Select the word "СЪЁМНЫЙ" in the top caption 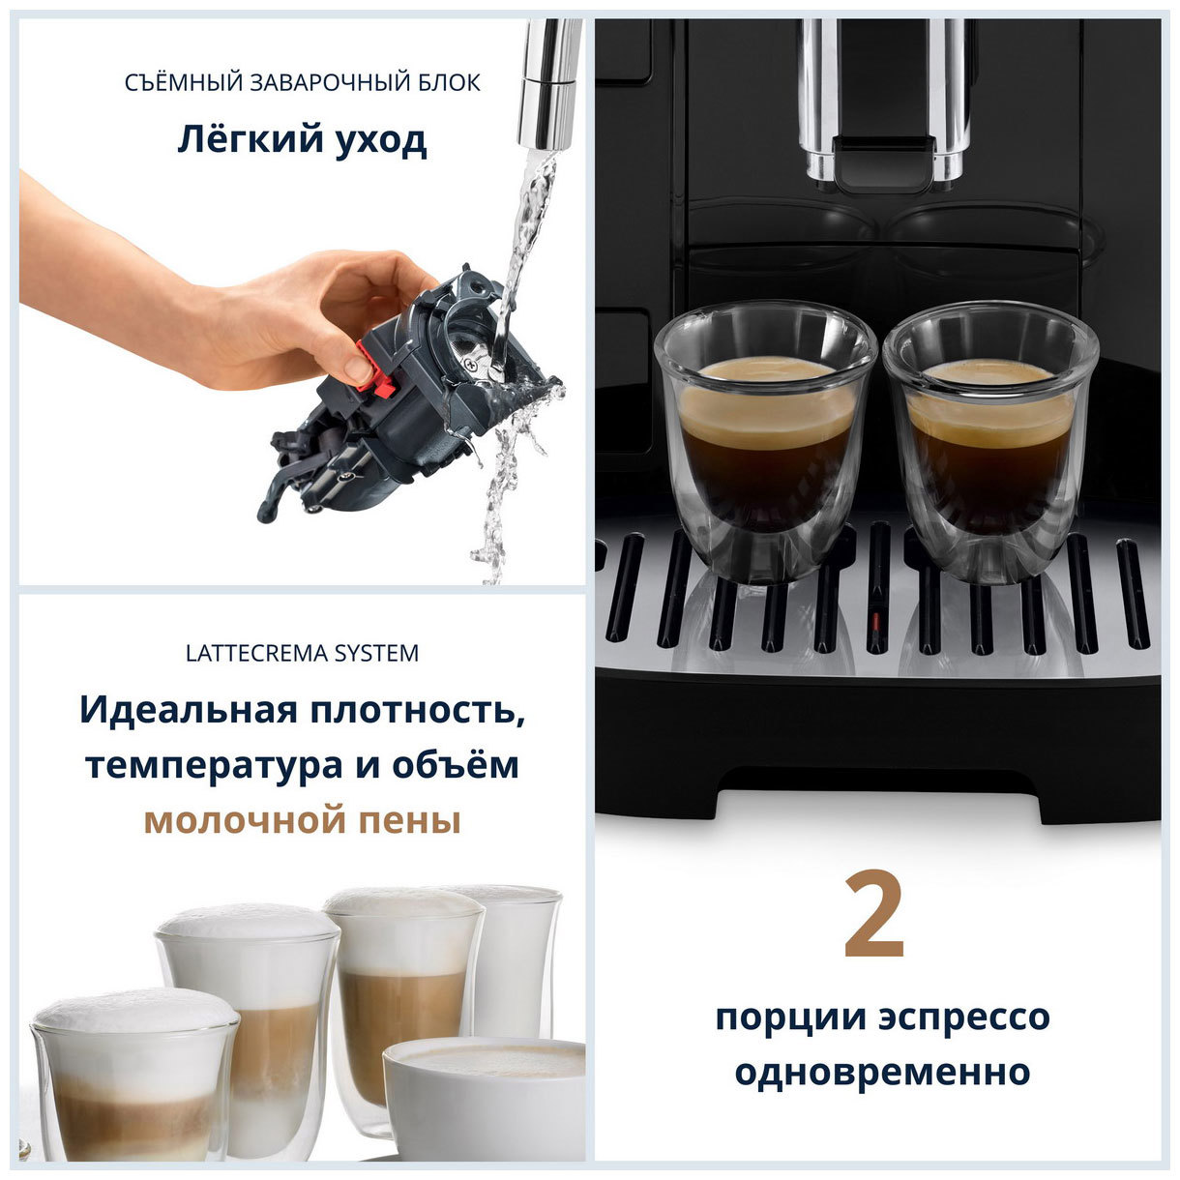pos(183,83)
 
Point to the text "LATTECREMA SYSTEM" pos(302,654)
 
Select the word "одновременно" pos(881,1072)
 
